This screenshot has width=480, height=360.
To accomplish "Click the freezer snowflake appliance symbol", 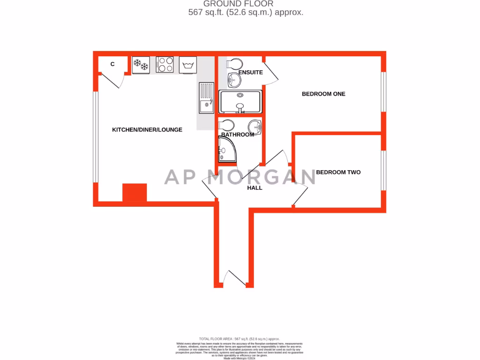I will pyautogui.click(x=141, y=65).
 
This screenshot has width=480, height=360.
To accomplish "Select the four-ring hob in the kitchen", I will pyautogui.click(x=165, y=65).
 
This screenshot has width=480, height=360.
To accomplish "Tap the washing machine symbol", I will pyautogui.click(x=188, y=65).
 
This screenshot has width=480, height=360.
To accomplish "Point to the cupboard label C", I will pyautogui.click(x=112, y=64).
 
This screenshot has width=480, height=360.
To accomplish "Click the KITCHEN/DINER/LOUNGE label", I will pyautogui.click(x=147, y=129).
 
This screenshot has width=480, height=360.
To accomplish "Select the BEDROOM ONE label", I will pyautogui.click(x=323, y=94).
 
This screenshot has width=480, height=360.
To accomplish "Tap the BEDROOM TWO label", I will pyautogui.click(x=338, y=172).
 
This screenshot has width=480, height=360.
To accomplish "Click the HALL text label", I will pyautogui.click(x=255, y=187).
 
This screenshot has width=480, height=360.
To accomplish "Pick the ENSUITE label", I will pyautogui.click(x=250, y=73).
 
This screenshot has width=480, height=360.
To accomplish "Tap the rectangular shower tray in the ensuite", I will pyautogui.click(x=240, y=102).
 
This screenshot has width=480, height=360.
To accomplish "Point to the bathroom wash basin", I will pyautogui.click(x=255, y=125).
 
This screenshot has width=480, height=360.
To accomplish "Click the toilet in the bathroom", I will pyautogui.click(x=227, y=126).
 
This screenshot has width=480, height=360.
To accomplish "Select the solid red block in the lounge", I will pyautogui.click(x=135, y=193).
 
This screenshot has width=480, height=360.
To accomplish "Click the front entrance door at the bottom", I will pyautogui.click(x=235, y=278).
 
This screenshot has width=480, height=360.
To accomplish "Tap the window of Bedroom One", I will pyautogui.click(x=383, y=92).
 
